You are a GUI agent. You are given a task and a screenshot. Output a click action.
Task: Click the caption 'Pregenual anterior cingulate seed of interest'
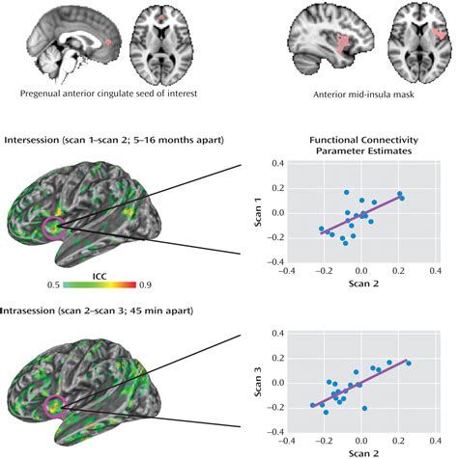tap(115, 94)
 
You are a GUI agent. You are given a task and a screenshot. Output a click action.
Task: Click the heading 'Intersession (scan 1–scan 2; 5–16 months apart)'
tap(115, 140)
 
